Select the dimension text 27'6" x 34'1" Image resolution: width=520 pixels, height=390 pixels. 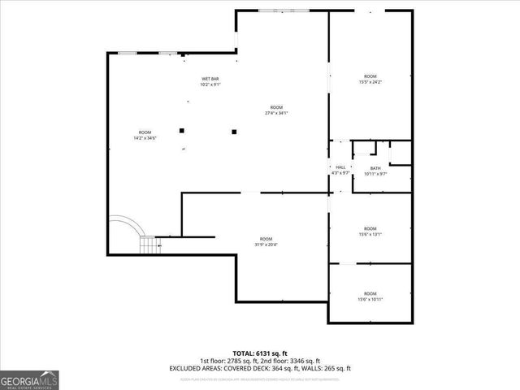point(276,113)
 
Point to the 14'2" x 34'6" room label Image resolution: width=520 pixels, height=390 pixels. point(145,135)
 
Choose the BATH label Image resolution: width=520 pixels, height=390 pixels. point(375,171)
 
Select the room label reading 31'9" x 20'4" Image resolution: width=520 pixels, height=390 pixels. point(266,241)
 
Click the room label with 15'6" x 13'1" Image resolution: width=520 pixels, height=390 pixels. point(370,232)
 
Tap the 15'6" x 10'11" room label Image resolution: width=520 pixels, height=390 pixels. point(370,296)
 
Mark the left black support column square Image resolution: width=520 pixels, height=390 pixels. point(182,130)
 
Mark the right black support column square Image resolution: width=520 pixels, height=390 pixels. point(234,130)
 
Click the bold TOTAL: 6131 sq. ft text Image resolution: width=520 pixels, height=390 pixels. point(260,353)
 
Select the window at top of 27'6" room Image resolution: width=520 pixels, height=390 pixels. point(271,11)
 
